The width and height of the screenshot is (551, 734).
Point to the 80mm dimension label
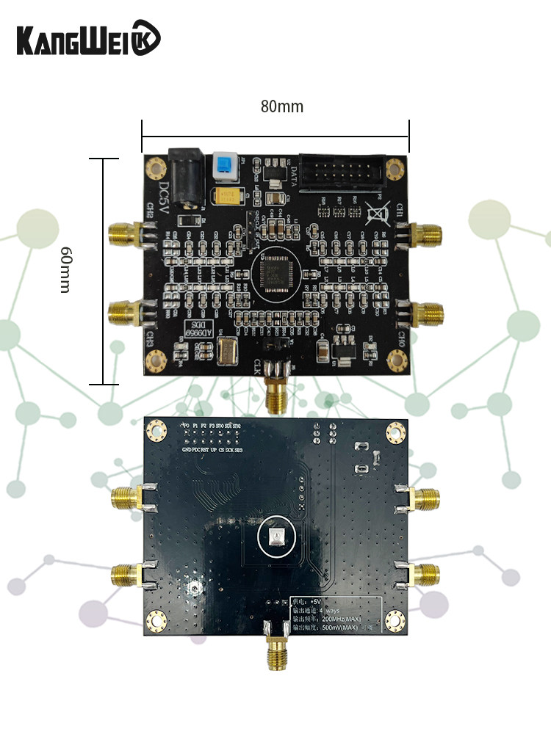(x=281, y=106)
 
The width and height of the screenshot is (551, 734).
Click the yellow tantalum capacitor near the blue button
(x=229, y=196)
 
